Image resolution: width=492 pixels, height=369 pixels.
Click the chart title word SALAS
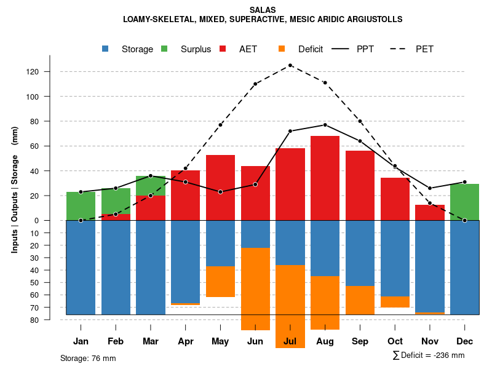(x=263, y=10)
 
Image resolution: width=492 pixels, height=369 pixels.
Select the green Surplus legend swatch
(x=164, y=49)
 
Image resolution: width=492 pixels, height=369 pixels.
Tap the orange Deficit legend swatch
(x=282, y=49)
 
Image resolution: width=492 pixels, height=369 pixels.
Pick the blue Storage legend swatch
(x=106, y=49)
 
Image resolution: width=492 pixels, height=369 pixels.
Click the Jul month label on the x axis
(x=290, y=341)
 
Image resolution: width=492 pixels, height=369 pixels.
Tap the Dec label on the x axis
(x=465, y=341)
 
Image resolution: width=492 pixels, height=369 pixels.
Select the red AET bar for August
(x=325, y=178)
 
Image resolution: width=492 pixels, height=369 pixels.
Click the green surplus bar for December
(x=465, y=202)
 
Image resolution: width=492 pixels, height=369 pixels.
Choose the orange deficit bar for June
(x=255, y=289)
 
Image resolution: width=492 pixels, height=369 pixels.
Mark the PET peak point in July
(x=290, y=65)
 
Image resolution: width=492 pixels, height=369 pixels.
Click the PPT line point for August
(x=325, y=125)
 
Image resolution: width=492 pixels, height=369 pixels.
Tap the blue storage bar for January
(x=81, y=268)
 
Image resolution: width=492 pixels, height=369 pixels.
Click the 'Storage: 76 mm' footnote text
(x=88, y=358)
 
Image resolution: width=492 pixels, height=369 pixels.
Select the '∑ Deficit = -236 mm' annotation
(x=428, y=355)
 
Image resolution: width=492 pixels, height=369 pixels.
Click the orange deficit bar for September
(x=360, y=300)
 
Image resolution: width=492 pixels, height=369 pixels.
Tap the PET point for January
(x=81, y=220)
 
